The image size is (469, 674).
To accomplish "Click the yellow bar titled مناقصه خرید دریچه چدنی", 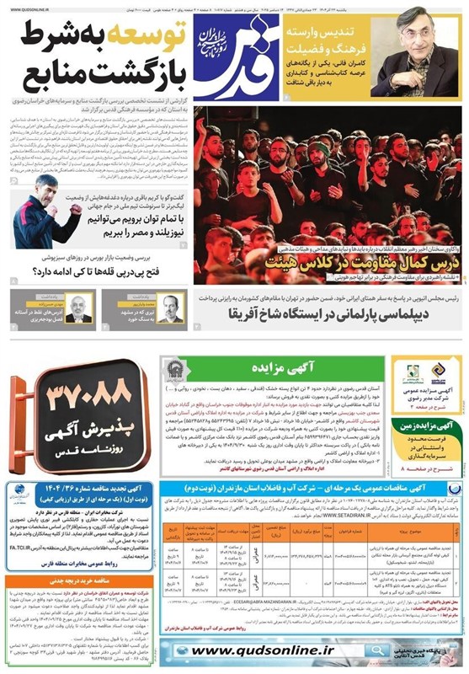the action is (x=77, y=580).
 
